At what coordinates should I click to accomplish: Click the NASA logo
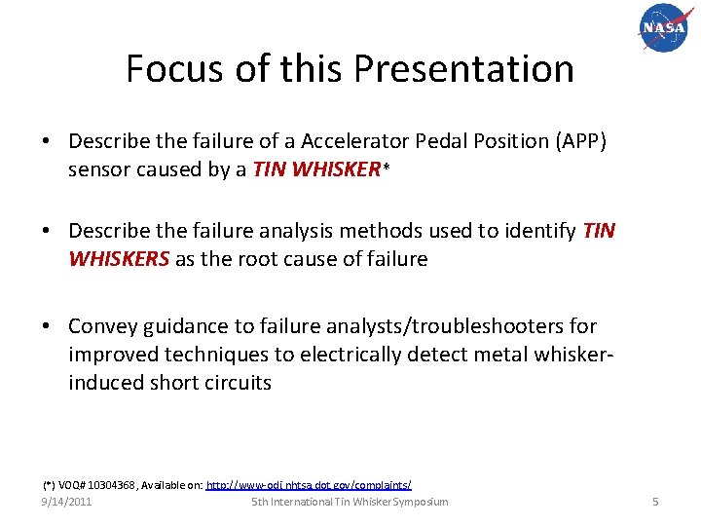click(x=663, y=28)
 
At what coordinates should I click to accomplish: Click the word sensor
click(x=99, y=169)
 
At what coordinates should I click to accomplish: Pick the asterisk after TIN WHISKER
click(x=387, y=169)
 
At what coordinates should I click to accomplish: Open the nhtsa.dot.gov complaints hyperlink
click(x=309, y=484)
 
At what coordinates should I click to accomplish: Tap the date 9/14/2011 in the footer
click(x=66, y=502)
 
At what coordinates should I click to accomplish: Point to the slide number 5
click(x=655, y=502)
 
